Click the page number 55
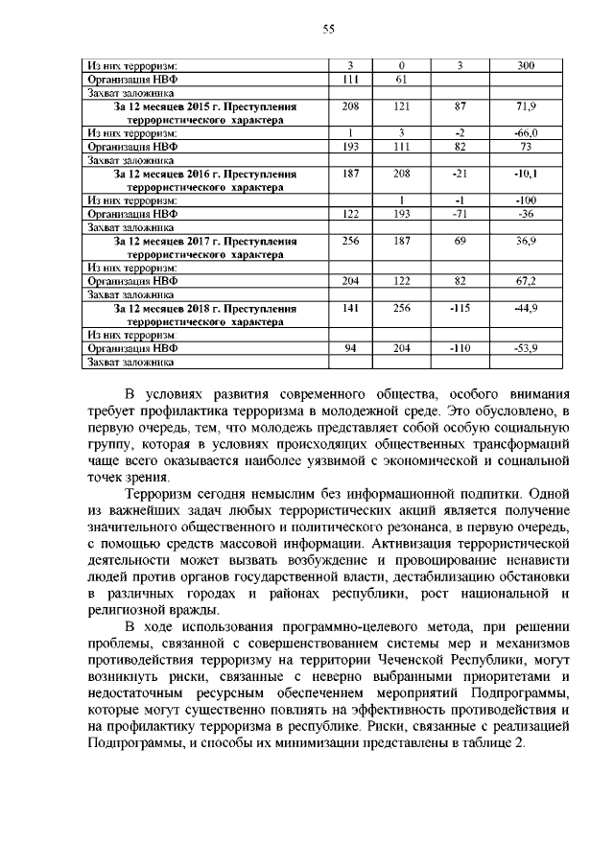pos(327,30)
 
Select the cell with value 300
pos(526,65)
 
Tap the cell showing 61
pos(403,79)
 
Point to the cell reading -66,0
pos(526,131)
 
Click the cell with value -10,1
pos(526,175)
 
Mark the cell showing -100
pos(526,199)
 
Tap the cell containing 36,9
pos(526,242)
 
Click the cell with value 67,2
pos(526,281)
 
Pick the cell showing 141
pos(351,309)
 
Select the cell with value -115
pos(460,309)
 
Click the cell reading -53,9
pos(526,348)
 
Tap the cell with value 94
pos(351,348)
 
